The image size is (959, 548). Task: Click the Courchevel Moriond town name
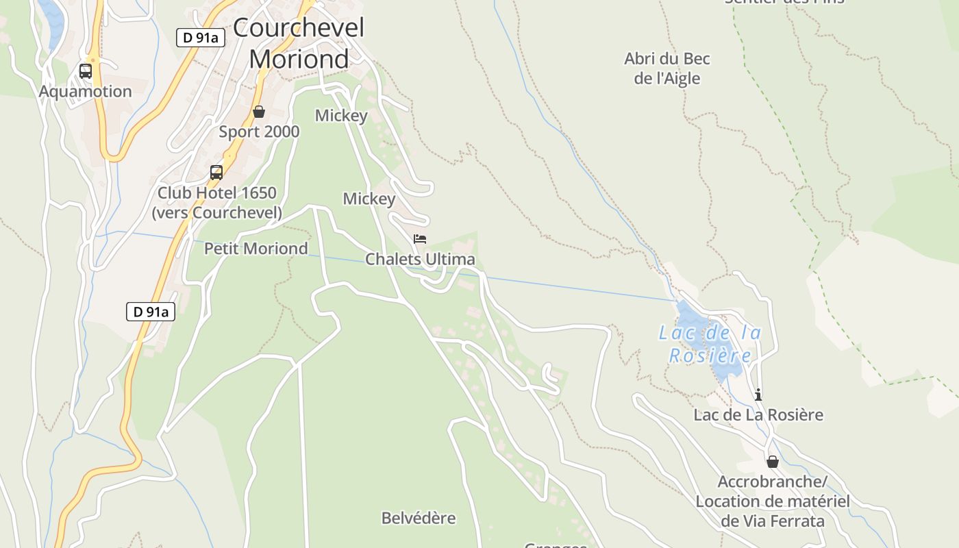(x=299, y=43)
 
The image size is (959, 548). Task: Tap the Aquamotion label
(x=85, y=92)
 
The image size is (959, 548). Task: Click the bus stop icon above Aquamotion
(x=86, y=71)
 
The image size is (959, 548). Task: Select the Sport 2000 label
(x=259, y=132)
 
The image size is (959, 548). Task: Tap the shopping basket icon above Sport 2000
(x=259, y=112)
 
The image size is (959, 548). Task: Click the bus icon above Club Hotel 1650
(x=216, y=173)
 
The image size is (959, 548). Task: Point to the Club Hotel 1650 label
(x=216, y=203)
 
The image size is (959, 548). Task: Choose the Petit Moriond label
(x=256, y=249)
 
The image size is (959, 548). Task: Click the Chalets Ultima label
(x=420, y=260)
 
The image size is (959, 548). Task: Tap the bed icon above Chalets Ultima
(x=420, y=239)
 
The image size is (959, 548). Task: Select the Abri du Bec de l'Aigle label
(x=667, y=68)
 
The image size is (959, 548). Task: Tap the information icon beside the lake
(x=758, y=395)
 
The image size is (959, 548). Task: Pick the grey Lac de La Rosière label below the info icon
(x=758, y=415)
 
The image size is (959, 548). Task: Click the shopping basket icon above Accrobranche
(x=773, y=462)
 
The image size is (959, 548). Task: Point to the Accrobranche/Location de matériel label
(x=773, y=501)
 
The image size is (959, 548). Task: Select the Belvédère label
(x=419, y=518)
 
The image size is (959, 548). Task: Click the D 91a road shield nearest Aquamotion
(x=201, y=38)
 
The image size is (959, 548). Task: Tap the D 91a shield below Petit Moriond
(x=151, y=312)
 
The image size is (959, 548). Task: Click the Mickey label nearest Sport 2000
(x=341, y=116)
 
